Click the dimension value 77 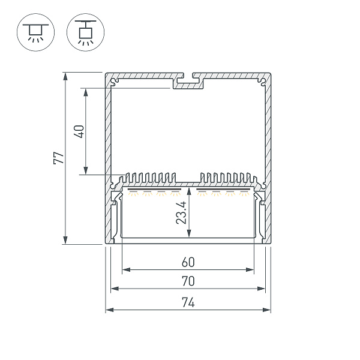[x=58, y=158]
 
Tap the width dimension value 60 [x=188, y=262]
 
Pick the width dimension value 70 [x=188, y=281]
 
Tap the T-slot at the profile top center [x=188, y=81]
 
